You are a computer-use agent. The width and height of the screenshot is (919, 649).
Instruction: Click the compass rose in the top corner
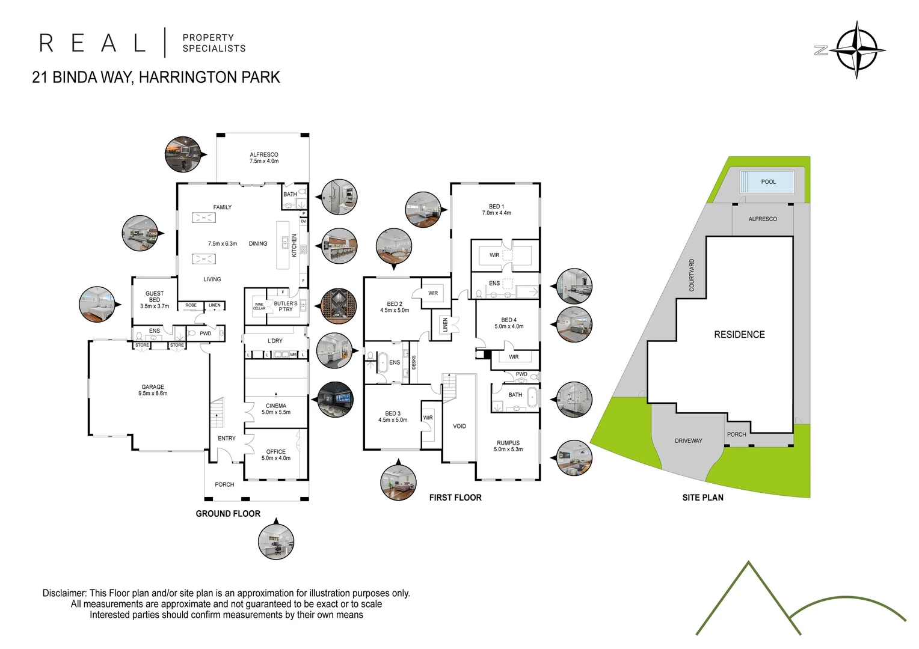click(x=856, y=50)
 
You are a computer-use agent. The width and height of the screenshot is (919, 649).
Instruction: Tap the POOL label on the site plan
click(x=768, y=182)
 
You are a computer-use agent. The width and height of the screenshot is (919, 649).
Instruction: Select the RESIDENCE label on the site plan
click(x=739, y=335)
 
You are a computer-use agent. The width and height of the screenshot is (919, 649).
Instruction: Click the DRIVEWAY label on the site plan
click(x=688, y=441)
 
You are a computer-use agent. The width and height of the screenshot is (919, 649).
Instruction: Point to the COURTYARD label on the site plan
click(x=692, y=275)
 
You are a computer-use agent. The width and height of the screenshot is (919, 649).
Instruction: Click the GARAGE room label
click(x=153, y=387)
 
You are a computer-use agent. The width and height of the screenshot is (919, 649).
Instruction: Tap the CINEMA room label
click(x=276, y=406)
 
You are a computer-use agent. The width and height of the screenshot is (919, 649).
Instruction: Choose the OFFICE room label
click(x=276, y=451)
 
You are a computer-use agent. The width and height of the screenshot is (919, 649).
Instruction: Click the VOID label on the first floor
click(x=459, y=426)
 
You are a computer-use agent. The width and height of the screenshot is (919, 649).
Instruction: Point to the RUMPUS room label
click(x=508, y=443)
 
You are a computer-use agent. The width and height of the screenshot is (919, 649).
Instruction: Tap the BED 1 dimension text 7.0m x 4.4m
click(x=497, y=213)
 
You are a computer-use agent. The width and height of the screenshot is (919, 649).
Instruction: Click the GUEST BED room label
click(x=155, y=297)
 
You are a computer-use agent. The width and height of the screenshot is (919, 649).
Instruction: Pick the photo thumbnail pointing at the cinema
click(x=336, y=400)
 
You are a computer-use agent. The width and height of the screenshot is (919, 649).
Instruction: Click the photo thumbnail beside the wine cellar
click(x=339, y=306)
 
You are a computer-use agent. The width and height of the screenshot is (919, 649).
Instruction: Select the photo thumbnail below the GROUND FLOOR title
click(x=276, y=541)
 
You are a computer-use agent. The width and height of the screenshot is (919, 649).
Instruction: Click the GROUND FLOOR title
click(x=228, y=514)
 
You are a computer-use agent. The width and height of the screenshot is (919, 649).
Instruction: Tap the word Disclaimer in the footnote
click(x=64, y=593)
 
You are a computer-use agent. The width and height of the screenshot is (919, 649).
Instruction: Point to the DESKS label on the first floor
click(x=414, y=362)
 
